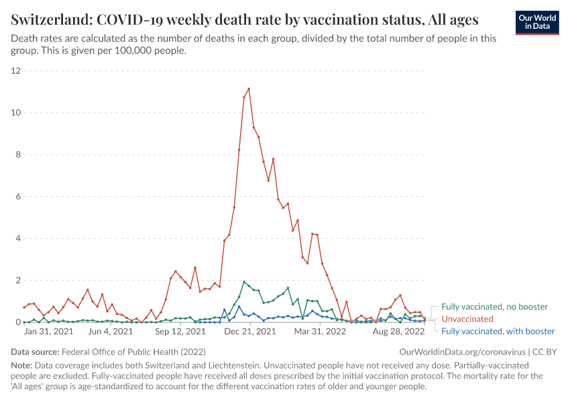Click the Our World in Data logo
click(536, 22)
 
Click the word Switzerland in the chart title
click(48, 18)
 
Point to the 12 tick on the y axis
click(16, 70)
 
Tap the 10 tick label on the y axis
click(16, 113)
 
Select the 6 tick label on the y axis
click(19, 196)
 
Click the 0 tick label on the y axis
click(19, 322)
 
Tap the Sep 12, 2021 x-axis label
click(180, 331)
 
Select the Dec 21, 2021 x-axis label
click(249, 331)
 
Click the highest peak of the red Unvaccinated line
click(249, 88)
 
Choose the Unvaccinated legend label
click(467, 319)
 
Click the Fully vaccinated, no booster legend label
click(494, 307)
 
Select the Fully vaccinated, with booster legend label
click(498, 331)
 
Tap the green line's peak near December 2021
click(244, 281)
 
